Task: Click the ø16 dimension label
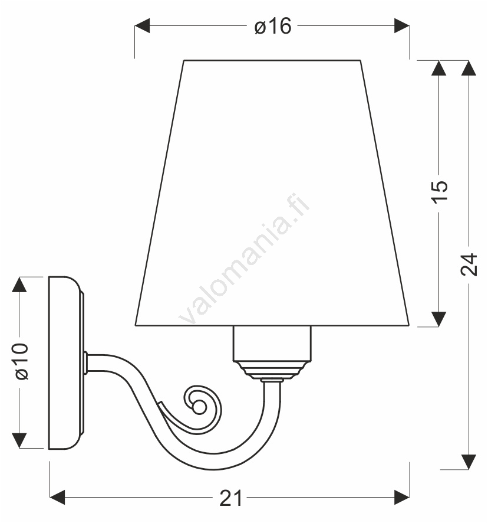coord(273,26)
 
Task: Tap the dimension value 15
coord(440,191)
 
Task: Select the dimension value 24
coord(469,264)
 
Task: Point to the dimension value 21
coord(231,498)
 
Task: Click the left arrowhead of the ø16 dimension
coord(142,26)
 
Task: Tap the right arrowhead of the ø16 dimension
coord(402,26)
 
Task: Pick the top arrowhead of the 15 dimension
coord(438,68)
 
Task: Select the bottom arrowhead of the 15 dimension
coord(438,319)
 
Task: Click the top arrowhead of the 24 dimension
coord(469,68)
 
